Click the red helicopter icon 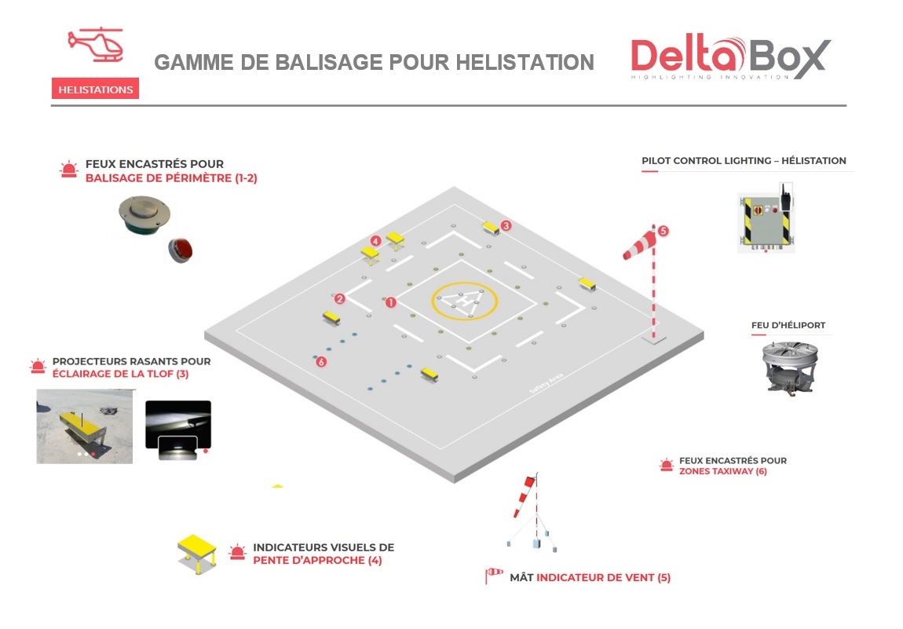click(95, 45)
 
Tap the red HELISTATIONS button click(95, 90)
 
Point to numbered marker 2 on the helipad click(339, 298)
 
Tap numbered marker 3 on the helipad click(506, 225)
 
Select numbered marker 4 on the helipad click(376, 240)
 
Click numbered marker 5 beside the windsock click(663, 231)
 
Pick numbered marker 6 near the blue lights click(320, 361)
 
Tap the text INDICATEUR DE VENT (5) click(603, 578)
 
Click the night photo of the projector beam click(178, 428)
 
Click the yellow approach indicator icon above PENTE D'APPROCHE click(197, 552)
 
